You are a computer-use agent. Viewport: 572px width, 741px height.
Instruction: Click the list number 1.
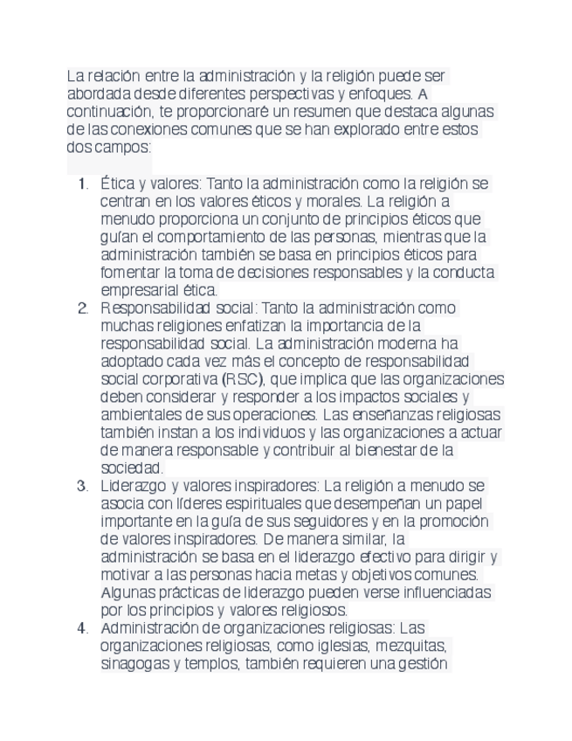point(82,184)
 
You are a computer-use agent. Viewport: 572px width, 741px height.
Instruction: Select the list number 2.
point(82,308)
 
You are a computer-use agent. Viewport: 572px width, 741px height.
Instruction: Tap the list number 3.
point(82,486)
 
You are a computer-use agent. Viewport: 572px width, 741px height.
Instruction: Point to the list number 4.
point(82,628)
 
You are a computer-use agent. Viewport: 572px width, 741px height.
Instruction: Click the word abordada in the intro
point(99,93)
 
